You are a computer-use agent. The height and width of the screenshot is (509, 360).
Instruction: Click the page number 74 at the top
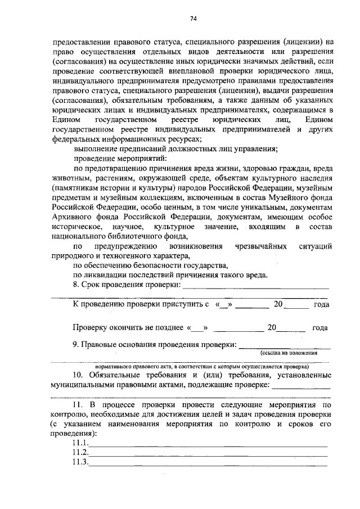tap(192, 19)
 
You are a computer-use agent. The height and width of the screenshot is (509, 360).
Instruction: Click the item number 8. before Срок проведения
tap(76, 285)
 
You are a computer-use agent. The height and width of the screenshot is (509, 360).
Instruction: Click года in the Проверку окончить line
tap(319, 327)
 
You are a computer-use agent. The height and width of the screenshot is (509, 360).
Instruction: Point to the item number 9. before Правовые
tap(76, 344)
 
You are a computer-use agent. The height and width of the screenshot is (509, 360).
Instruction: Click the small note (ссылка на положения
tap(288, 353)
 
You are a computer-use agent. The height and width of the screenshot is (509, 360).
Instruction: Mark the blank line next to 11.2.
tap(208, 453)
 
